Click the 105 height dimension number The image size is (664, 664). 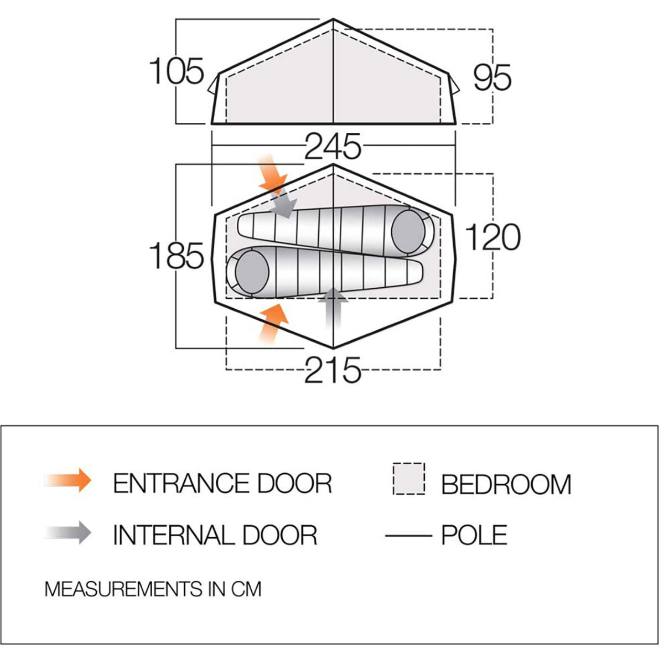(177, 71)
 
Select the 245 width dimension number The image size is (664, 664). (333, 147)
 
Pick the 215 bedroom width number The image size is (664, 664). (333, 370)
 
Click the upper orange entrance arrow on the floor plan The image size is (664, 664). (272, 174)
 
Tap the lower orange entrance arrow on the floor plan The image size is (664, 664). (273, 324)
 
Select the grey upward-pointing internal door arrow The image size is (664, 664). (333, 308)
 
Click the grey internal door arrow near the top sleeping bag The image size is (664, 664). (283, 204)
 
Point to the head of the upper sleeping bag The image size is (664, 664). (408, 231)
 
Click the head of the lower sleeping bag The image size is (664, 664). (252, 272)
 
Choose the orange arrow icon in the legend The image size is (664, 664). (68, 480)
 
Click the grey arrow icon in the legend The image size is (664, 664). (68, 532)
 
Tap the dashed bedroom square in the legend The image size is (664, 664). (409, 479)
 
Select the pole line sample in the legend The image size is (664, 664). (408, 536)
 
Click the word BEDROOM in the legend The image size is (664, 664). (506, 484)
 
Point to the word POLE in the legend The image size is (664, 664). (474, 535)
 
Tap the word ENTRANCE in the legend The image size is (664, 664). (181, 483)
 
